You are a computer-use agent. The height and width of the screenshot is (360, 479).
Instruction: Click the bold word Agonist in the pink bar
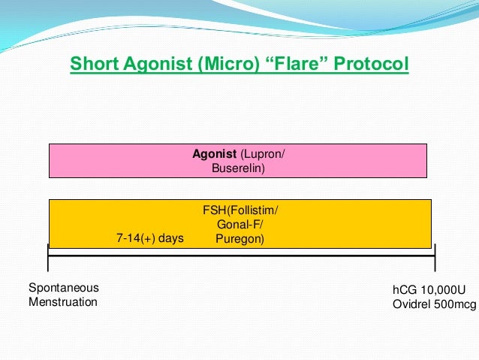tap(215, 155)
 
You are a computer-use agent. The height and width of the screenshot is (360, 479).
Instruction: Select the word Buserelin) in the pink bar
tap(239, 169)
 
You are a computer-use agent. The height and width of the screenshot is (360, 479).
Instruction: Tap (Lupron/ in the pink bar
tap(263, 155)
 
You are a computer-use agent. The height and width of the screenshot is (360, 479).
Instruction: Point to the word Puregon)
tap(239, 239)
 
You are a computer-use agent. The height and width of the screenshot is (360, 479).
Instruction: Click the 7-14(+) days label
tap(150, 238)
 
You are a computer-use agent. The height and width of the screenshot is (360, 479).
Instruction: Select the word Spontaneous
tap(63, 288)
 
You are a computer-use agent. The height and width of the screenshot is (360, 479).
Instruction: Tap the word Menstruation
tap(63, 302)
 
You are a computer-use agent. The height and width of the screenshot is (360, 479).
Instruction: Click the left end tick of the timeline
tap(48, 257)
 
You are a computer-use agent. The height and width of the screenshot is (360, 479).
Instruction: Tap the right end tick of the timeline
tap(435, 257)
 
